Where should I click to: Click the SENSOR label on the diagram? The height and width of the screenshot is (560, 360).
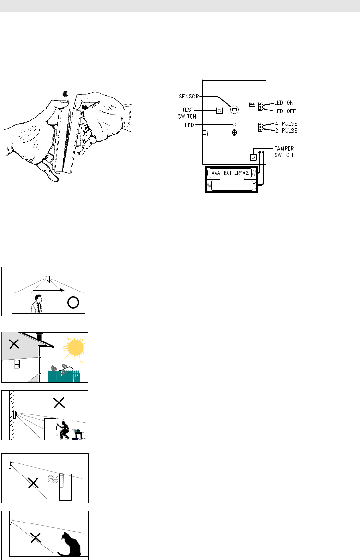(189, 97)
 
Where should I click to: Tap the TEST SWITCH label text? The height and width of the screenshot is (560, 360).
(187, 113)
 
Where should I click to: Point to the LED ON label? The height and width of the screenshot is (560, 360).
(284, 103)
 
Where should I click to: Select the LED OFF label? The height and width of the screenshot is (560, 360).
(285, 111)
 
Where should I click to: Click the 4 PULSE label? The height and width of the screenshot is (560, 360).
(286, 123)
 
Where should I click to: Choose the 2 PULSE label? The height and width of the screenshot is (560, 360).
(286, 131)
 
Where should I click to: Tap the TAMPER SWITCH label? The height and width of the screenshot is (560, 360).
(284, 152)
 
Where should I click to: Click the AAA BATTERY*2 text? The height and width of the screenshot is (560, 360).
(230, 173)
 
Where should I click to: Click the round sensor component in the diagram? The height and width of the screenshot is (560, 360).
(234, 110)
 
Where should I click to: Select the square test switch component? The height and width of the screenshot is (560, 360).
(220, 111)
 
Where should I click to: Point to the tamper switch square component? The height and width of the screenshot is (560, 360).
(253, 157)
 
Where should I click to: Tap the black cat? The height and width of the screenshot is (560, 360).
(70, 544)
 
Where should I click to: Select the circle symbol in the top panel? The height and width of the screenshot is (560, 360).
(73, 303)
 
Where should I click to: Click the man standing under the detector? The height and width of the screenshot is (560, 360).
(37, 304)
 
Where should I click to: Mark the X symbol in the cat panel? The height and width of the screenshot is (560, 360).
(36, 537)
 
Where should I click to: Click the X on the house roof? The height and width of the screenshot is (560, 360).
(14, 344)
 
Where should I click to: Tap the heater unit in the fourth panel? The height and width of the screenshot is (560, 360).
(65, 487)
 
